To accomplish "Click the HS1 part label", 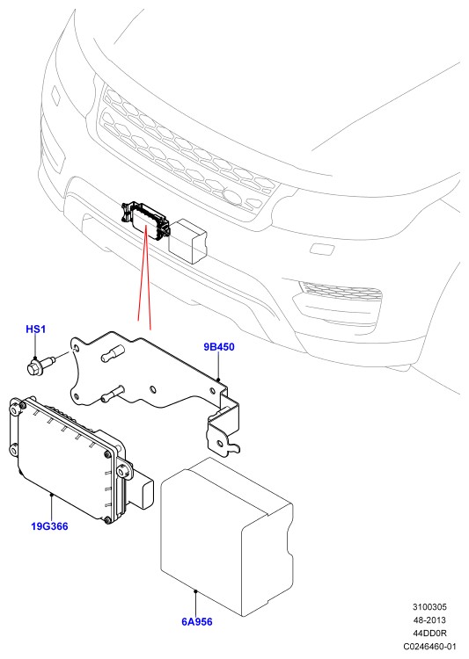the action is [36, 329].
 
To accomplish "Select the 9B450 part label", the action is [219, 347].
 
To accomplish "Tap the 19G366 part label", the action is [49, 526].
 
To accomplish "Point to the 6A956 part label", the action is [196, 621].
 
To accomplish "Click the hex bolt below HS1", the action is [39, 365].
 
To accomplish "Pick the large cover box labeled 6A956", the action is [226, 537].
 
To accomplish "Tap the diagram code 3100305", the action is [429, 607].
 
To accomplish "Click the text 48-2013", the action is [429, 620].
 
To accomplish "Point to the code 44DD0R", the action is [429, 633].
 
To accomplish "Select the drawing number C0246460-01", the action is [429, 646].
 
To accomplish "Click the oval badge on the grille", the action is [232, 196].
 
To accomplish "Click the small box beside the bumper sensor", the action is [187, 241].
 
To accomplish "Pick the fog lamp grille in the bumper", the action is [341, 290].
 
